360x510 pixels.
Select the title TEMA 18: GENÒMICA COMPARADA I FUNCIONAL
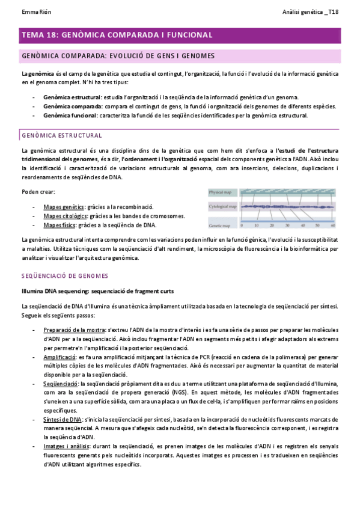coord(117,35)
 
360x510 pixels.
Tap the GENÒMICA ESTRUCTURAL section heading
coord(61,135)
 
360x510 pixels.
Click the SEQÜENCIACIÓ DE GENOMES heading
coord(64,275)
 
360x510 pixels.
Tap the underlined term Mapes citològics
coord(66,216)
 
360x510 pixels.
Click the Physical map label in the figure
coord(221,192)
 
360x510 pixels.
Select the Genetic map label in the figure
coord(221,226)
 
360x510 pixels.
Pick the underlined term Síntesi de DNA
coord(63,402)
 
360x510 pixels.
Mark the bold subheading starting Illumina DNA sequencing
coord(97,291)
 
